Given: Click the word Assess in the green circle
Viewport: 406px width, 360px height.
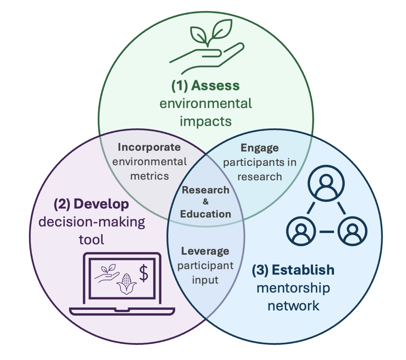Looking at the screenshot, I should pos(215,86).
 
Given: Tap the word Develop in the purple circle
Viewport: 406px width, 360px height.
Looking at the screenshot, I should pos(101,204).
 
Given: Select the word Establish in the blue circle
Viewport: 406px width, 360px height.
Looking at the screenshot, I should pos(303,270).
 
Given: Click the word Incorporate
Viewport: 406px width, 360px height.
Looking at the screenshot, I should pos(149,147).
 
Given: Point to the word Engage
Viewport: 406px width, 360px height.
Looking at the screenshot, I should pos(260,148).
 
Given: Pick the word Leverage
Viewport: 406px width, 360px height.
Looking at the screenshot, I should pos(205,251).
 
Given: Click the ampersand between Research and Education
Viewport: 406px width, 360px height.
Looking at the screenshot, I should pos(206,201).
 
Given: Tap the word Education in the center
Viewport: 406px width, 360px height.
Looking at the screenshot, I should pos(206,214).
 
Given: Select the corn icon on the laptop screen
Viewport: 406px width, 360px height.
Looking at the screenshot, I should pos(126,284).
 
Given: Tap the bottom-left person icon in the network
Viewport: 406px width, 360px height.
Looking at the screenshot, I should pos(301,231).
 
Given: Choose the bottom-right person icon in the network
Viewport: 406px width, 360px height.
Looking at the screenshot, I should pos(352,231).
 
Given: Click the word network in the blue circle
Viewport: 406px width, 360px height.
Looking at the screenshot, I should pos(293,306).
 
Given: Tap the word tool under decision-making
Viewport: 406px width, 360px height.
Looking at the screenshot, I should pos(91,240).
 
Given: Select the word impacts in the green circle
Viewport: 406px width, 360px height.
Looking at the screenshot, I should pos(206,121).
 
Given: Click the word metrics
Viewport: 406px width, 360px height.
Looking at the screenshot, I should pos(150,176).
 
